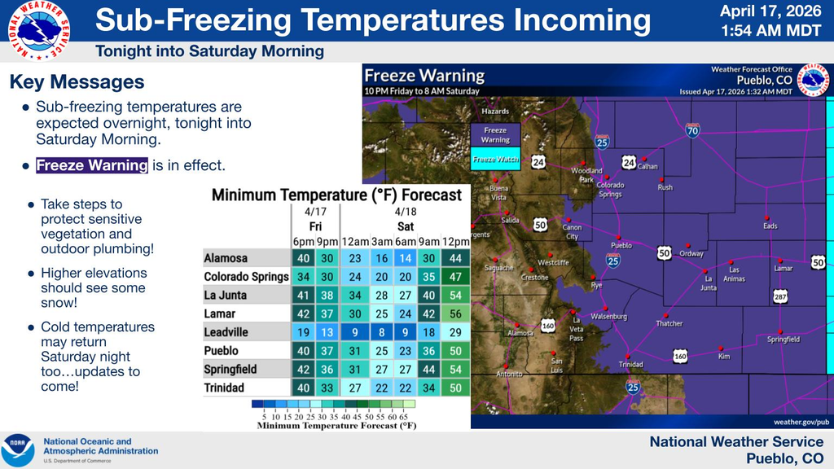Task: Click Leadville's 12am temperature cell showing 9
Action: (354, 332)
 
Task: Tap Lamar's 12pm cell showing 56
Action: (455, 313)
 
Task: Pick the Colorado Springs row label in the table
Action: (246, 277)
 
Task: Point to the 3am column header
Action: (380, 241)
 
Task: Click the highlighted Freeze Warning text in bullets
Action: (92, 165)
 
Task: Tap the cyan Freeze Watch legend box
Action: (495, 160)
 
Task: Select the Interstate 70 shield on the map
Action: (691, 130)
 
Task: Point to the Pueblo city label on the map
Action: (621, 245)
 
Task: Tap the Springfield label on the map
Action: (784, 340)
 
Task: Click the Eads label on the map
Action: (770, 226)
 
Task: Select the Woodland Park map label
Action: (586, 175)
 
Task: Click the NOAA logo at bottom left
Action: (18, 450)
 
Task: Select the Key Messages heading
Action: (77, 82)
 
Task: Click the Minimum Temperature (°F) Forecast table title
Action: (336, 195)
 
